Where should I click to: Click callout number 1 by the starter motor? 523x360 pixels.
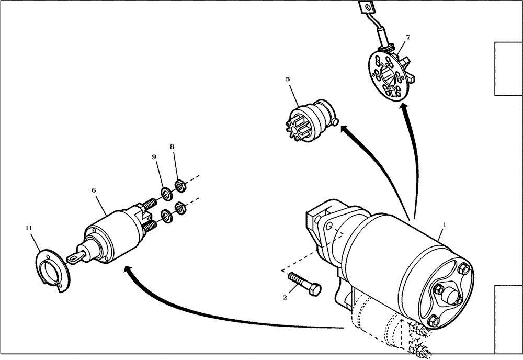tap(445, 224)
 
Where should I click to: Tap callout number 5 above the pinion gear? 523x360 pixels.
tap(288, 79)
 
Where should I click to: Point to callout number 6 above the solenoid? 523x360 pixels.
tap(94, 190)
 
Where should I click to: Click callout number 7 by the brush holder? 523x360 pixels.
tap(407, 37)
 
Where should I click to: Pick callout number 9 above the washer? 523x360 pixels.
tap(154, 157)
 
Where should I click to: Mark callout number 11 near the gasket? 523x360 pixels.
tap(28, 228)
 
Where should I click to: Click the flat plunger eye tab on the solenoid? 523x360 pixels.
tap(73, 256)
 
